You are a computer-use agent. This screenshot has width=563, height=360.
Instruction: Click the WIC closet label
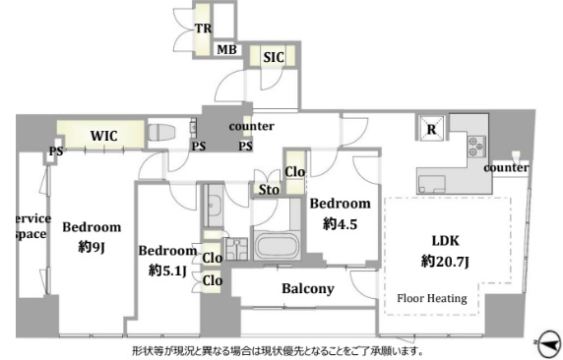coord(103,136)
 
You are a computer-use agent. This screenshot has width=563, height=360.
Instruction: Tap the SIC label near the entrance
coord(274,57)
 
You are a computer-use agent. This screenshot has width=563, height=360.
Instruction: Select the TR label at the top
coord(203,29)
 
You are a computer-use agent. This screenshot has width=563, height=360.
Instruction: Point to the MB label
coord(227,49)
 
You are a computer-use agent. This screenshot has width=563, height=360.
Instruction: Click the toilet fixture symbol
coord(161,132)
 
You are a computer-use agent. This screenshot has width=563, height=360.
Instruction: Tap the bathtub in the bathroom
coord(277,246)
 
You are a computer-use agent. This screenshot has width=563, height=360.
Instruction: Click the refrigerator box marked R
coord(431,129)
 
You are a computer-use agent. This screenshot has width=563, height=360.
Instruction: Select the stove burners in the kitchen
coord(476,147)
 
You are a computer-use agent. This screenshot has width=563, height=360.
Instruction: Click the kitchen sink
coord(431,184)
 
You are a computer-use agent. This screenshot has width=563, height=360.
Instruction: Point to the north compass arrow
coord(548,344)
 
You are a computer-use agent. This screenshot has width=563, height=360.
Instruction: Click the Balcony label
coord(308,288)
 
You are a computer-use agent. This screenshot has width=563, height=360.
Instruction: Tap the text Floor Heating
coord(432,298)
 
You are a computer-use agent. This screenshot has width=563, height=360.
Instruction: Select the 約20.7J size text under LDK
coord(445,262)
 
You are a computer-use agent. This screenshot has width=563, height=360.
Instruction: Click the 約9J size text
coord(92,247)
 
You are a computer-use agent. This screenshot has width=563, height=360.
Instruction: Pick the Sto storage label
coord(269,190)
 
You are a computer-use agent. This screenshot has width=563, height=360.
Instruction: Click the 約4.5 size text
coord(340,224)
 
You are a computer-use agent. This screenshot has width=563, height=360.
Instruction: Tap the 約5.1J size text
coord(167,270)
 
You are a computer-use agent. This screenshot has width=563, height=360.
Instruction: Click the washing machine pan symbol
coord(236,249)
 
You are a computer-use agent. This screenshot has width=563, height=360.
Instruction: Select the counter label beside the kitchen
coord(506,167)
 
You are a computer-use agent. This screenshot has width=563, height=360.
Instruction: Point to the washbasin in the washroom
coord(213,206)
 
